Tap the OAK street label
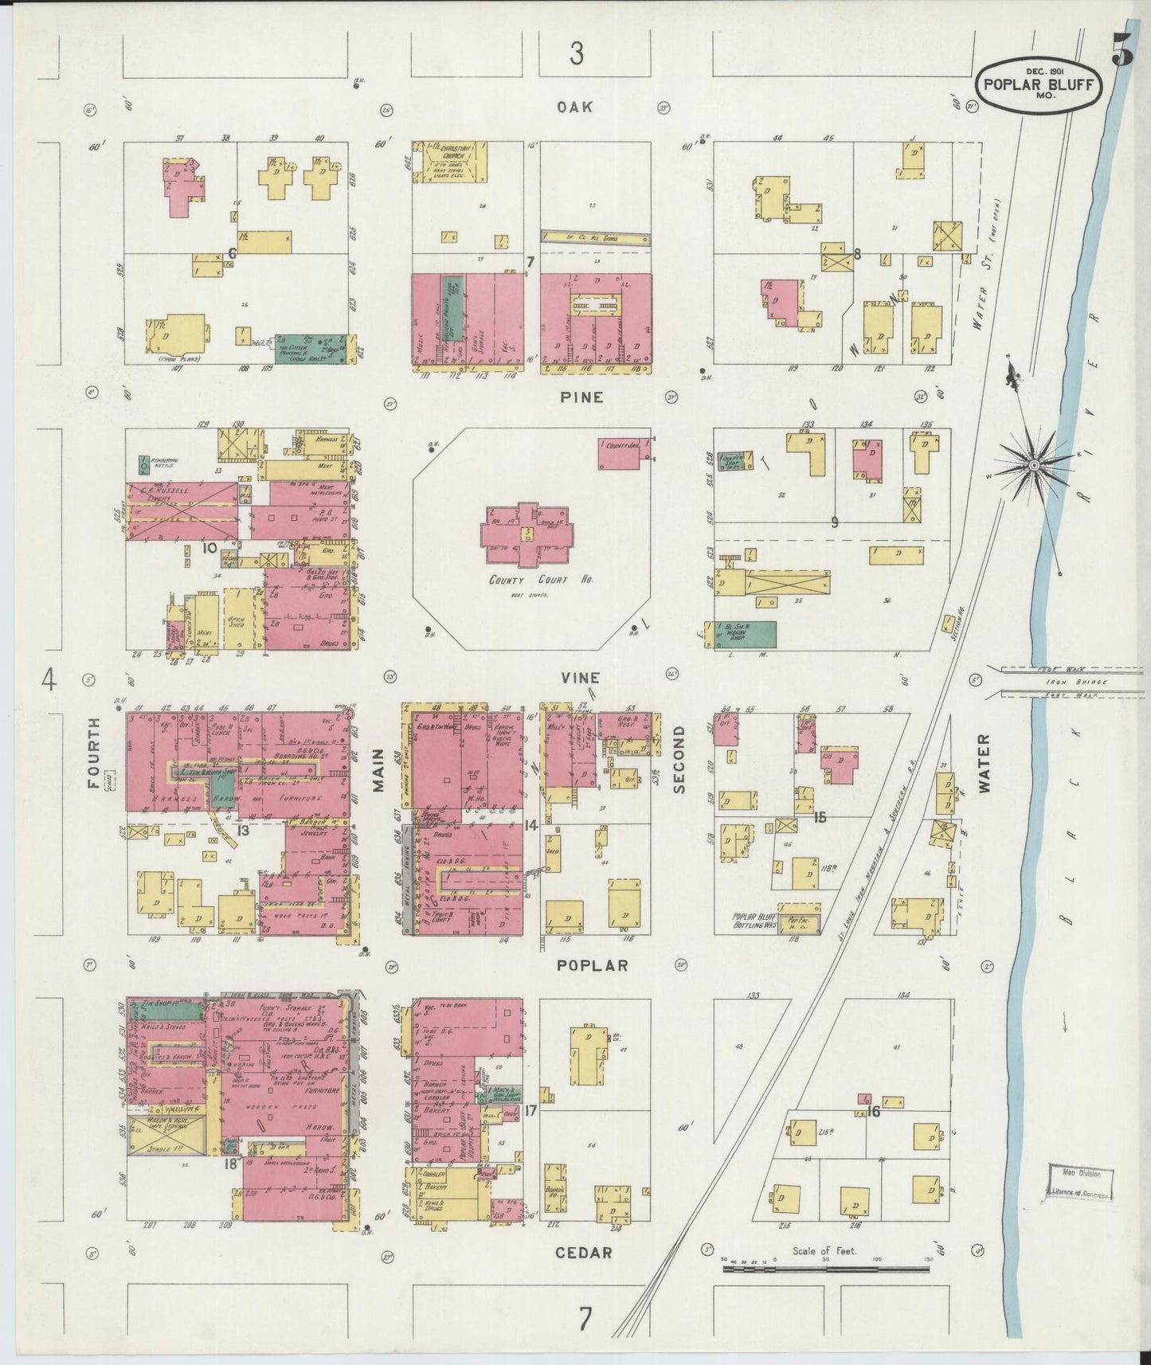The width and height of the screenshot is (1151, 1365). coord(575,107)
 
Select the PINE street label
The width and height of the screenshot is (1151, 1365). coord(581,397)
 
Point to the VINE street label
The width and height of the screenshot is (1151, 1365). coord(580,678)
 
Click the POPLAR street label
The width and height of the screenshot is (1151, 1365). coord(593,965)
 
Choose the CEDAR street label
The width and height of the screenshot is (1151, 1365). coord(585,1253)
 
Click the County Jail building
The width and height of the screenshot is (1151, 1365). coord(624,452)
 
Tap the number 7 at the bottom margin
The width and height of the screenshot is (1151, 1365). coord(585,1320)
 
